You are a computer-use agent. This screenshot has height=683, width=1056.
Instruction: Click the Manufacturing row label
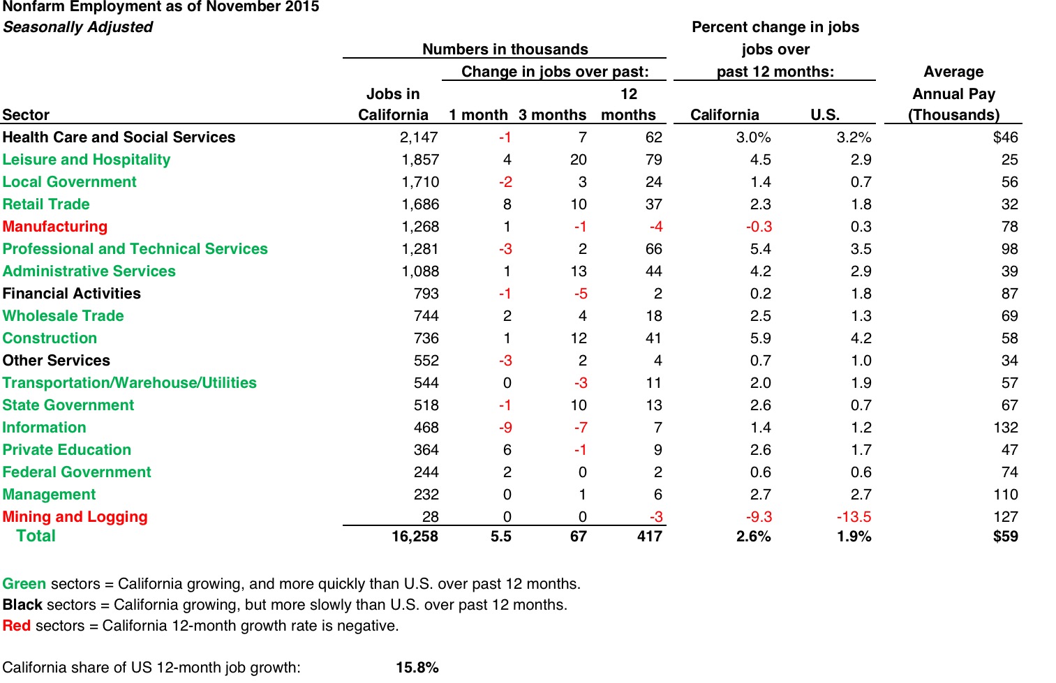click(55, 227)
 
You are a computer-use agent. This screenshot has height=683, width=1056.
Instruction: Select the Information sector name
click(44, 428)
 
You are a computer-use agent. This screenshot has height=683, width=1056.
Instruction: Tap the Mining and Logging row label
click(75, 517)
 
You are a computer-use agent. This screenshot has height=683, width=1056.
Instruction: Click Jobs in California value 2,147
click(419, 137)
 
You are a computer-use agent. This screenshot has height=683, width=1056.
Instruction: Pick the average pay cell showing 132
click(1005, 428)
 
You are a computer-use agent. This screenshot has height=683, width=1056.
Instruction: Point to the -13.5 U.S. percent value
click(854, 517)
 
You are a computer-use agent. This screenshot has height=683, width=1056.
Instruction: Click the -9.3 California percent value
click(759, 517)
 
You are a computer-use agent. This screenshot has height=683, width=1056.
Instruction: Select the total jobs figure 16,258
click(415, 536)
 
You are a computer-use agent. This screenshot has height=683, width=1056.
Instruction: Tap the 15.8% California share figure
click(417, 668)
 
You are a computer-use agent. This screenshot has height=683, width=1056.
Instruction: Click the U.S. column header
click(824, 115)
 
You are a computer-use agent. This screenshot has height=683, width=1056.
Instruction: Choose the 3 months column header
click(552, 115)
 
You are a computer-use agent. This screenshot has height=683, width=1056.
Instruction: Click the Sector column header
click(26, 115)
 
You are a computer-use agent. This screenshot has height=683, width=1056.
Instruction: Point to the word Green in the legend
click(24, 584)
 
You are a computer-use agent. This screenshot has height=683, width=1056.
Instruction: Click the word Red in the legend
click(17, 626)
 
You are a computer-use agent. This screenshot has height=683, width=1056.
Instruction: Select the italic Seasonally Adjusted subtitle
click(77, 27)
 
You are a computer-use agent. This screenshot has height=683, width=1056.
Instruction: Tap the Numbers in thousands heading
click(505, 50)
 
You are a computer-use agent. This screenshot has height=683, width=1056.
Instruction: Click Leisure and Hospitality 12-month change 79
click(653, 160)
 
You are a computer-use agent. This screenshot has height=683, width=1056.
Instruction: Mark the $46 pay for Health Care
click(1005, 137)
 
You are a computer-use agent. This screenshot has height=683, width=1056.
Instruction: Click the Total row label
click(36, 536)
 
